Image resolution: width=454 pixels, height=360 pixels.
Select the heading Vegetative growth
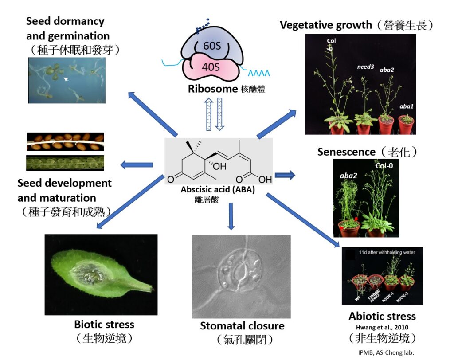pyautogui.click(x=326, y=25)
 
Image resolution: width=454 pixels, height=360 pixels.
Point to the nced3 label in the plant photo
pyautogui.click(x=366, y=67)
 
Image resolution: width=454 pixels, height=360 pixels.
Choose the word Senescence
pyautogui.click(x=346, y=152)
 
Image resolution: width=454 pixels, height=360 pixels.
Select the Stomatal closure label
pyautogui.click(x=242, y=326)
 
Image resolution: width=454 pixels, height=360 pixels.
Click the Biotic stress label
pyautogui.click(x=105, y=324)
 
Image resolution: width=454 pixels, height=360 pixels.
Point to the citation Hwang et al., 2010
pyautogui.click(x=382, y=327)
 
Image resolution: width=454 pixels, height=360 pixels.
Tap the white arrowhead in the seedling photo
pyautogui.click(x=65, y=79)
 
